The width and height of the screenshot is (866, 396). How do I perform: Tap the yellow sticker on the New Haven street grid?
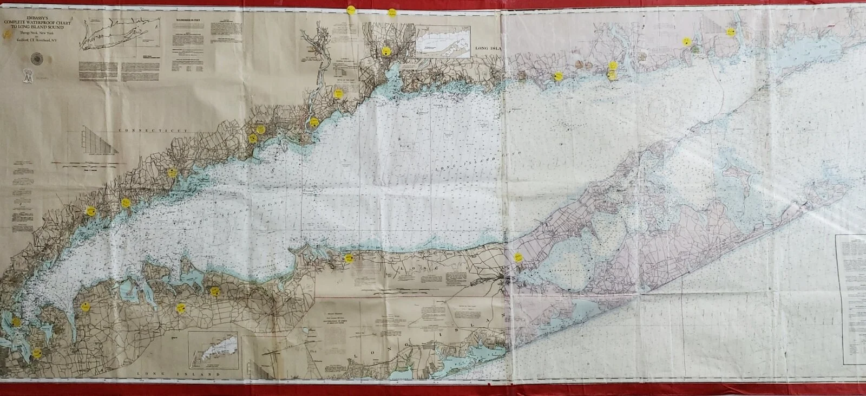point(386,52)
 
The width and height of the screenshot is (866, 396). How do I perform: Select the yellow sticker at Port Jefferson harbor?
point(349,258)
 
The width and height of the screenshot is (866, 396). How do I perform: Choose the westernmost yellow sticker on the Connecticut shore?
point(91,210)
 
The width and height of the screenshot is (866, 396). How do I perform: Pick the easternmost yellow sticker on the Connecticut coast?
point(730,31)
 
